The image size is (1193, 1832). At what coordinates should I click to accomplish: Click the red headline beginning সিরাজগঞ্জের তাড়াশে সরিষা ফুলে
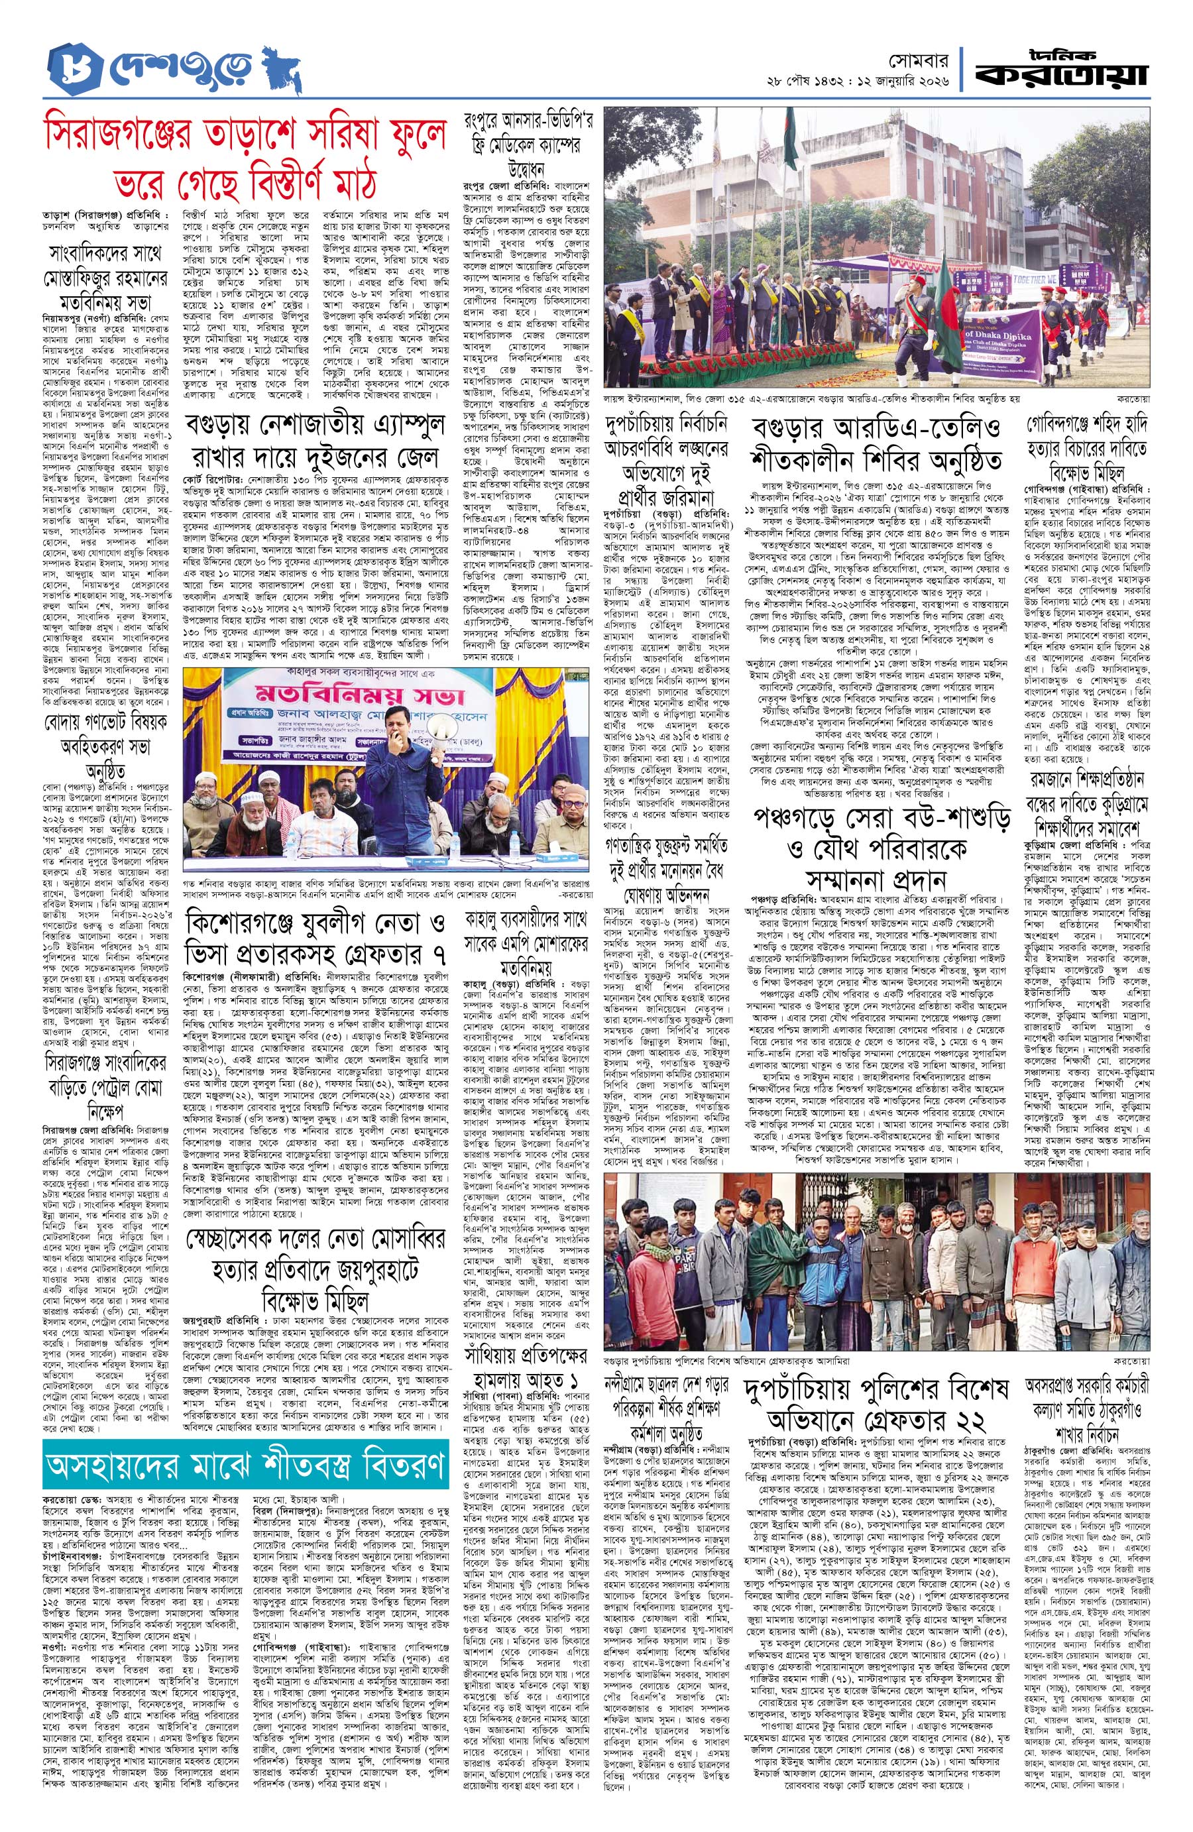(254, 154)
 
